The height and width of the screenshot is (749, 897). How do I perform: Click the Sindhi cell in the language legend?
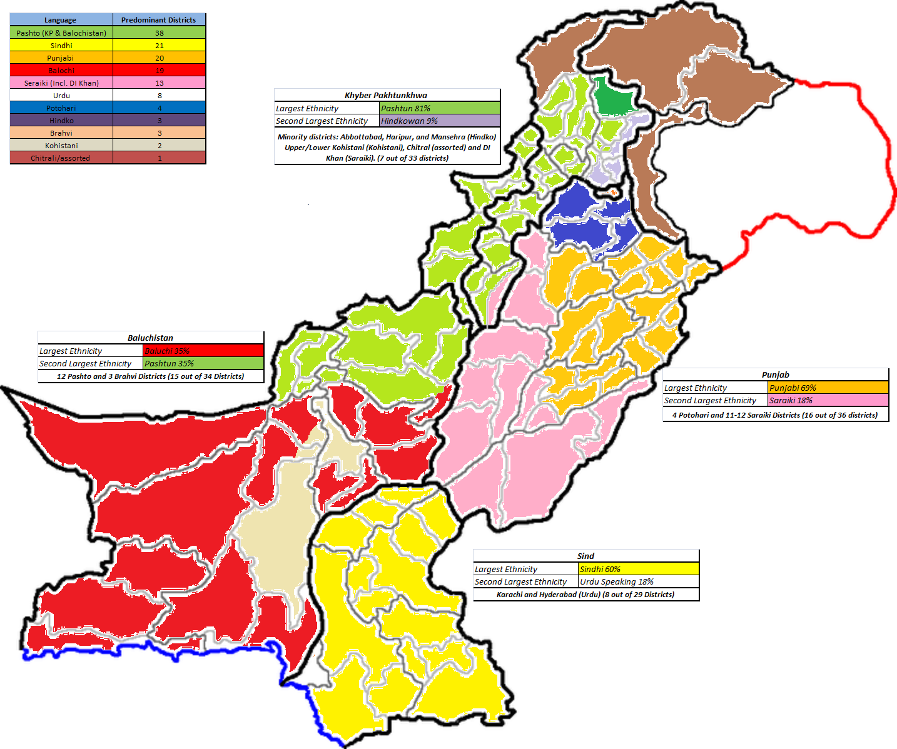coord(61,46)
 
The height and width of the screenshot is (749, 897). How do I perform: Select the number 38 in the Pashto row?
coord(160,33)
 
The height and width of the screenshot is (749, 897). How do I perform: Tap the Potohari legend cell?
coord(61,108)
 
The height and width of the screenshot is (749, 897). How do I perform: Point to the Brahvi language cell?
coord(61,133)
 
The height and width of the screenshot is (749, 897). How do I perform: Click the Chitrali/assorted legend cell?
coord(61,158)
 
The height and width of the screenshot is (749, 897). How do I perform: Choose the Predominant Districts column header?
coord(159,20)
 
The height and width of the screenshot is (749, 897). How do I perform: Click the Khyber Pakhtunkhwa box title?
coord(386,96)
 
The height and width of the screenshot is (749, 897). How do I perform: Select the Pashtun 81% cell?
coord(439,108)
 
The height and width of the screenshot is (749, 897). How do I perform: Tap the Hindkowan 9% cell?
coord(439,121)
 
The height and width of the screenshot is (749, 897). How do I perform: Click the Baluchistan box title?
coord(150,338)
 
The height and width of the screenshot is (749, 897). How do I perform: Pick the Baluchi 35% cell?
coord(203,351)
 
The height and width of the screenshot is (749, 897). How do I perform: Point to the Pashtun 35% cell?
coord(203,363)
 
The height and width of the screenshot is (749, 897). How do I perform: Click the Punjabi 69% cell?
coord(828,388)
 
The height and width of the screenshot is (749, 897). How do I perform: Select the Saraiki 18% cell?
coord(828,400)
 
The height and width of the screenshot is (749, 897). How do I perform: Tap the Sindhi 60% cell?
coord(638,569)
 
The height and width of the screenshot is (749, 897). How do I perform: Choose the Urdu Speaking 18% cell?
coord(638,581)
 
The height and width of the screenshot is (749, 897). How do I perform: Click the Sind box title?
coord(585,556)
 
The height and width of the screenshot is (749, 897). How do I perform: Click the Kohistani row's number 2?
coord(160,146)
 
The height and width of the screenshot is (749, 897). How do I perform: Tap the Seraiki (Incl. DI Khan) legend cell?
coord(61,83)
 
